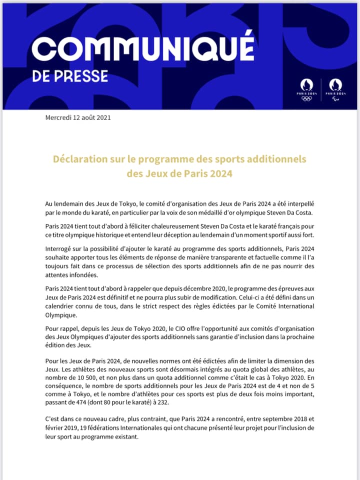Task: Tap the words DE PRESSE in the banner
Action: click(x=70, y=76)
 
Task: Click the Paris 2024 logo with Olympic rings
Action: click(x=306, y=89)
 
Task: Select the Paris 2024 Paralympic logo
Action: click(x=335, y=89)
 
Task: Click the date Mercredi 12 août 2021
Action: click(x=77, y=118)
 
